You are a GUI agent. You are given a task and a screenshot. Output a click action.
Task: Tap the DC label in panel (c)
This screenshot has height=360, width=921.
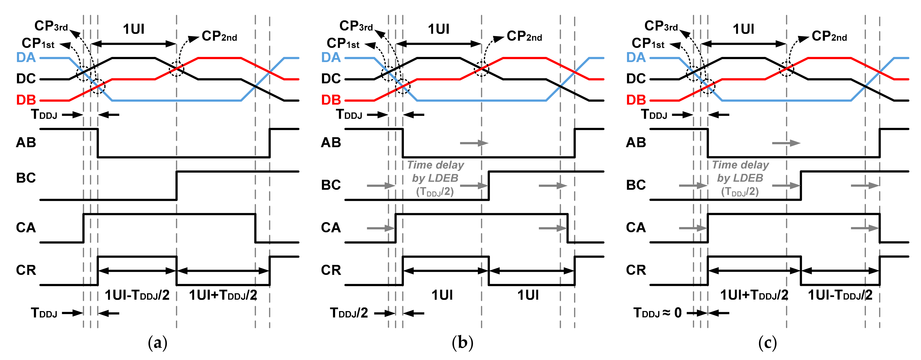pyautogui.click(x=636, y=79)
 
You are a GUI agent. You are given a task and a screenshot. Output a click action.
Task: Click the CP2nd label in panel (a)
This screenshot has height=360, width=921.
pyautogui.click(x=219, y=36)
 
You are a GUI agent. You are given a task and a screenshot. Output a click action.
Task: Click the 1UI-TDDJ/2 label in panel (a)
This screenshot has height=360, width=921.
pyautogui.click(x=137, y=295)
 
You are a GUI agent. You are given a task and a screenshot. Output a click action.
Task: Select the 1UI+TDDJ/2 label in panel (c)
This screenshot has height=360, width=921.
pyautogui.click(x=754, y=295)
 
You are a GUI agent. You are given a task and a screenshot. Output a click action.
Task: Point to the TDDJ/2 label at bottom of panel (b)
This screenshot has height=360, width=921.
pyautogui.click(x=349, y=313)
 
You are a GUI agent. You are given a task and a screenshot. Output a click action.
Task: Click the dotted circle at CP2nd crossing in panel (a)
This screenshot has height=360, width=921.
pyautogui.click(x=176, y=69)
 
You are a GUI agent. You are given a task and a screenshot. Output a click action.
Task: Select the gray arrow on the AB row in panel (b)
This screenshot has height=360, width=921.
pyautogui.click(x=474, y=143)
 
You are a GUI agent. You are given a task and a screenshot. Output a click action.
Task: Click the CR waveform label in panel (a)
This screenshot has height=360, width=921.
pyautogui.click(x=26, y=270)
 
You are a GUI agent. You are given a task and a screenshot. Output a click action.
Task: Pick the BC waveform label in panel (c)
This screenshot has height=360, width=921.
pyautogui.click(x=636, y=185)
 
